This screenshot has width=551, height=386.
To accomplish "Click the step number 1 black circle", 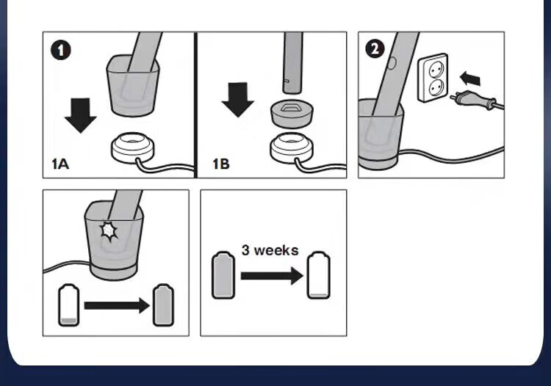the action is pos(61,51).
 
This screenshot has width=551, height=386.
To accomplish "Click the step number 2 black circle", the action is pos(375,48).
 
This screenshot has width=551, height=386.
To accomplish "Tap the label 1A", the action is pos(60,164).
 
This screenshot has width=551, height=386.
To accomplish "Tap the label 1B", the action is pos(221,164).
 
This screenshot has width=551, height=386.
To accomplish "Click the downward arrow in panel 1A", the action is pos(81,116).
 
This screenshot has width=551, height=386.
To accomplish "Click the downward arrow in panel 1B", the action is pos(238,100).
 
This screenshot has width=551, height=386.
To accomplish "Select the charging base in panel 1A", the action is pos(132,147).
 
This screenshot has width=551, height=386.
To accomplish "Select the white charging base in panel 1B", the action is pos(292,148).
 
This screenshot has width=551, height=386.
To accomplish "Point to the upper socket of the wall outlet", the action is pos(436,70).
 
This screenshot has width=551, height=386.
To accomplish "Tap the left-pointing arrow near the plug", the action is pos(470,79).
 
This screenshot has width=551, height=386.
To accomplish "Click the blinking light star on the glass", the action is pos(109,231).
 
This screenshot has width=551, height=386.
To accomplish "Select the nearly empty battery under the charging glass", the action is pos(68,305).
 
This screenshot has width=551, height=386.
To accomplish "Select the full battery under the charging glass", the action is pos(163,305).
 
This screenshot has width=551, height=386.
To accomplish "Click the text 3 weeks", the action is pos(270,250).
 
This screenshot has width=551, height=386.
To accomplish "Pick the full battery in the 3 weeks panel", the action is pos(223,275).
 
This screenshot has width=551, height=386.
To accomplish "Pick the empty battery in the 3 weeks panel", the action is pos(319,275).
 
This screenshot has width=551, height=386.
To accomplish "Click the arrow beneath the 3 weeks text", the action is pos(272,276).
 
